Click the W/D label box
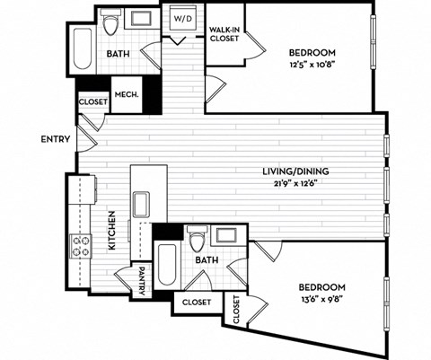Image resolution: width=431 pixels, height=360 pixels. coord(182,18)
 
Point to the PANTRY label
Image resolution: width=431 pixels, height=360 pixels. coord(142,279)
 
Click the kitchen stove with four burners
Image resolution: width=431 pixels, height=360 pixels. coord(82,245)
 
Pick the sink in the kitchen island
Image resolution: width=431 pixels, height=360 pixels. coord(141,205)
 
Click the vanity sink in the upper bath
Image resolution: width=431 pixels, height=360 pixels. coord(143,20)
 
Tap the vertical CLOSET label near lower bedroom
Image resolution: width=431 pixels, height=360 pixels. coord(237,310)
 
